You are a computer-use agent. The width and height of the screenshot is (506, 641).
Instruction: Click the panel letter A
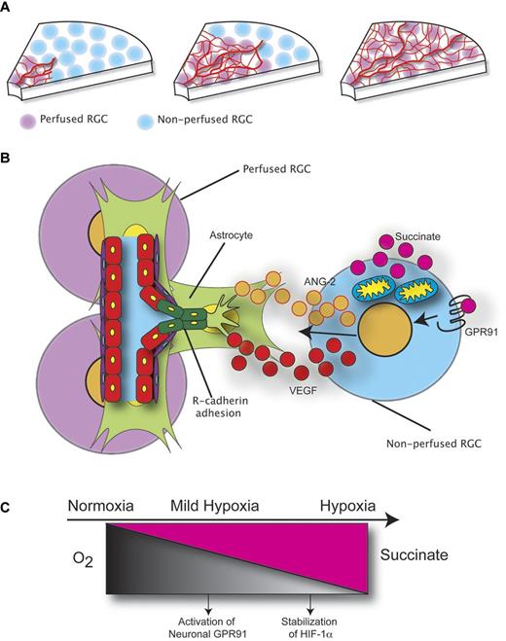click(8, 8)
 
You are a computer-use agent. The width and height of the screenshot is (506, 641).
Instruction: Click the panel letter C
click(8, 508)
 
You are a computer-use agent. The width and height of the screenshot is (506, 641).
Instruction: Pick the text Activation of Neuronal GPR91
click(210, 616)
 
